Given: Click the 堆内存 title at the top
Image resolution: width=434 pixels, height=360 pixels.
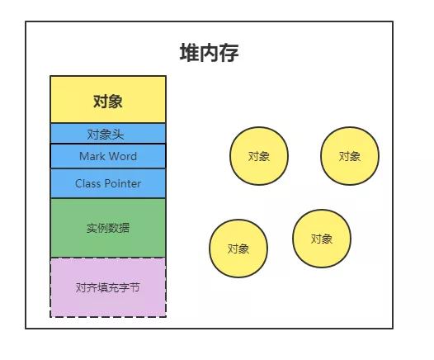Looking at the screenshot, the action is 210,53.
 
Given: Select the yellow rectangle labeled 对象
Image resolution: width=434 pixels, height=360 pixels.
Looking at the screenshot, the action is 108,99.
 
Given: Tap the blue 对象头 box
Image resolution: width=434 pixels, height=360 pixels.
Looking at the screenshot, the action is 108,134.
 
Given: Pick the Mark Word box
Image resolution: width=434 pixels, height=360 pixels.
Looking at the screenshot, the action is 108,156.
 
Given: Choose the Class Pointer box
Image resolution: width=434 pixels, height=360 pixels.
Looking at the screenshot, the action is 108,183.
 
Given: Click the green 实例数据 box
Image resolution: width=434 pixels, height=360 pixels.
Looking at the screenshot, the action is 108,228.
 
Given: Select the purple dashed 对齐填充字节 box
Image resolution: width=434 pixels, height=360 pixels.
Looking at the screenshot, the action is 108,287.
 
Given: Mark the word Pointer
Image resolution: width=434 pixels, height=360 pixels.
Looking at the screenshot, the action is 123,183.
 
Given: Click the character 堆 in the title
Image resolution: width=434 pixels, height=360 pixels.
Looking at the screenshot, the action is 189,53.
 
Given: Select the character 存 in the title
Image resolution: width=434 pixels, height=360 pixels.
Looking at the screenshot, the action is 229,53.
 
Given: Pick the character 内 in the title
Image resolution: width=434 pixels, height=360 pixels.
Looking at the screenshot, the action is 210,53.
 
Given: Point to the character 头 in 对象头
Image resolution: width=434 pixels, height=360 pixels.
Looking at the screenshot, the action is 118,135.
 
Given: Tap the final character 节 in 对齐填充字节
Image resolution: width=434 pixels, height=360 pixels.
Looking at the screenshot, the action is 134,287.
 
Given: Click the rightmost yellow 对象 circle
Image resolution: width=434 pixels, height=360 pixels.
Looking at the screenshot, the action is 350,156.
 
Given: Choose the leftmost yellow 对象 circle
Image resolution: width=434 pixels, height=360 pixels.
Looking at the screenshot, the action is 238,249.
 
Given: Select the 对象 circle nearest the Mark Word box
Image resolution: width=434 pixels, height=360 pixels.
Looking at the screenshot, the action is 259,156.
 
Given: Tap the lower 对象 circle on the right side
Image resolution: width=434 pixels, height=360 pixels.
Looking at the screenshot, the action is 322,239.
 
